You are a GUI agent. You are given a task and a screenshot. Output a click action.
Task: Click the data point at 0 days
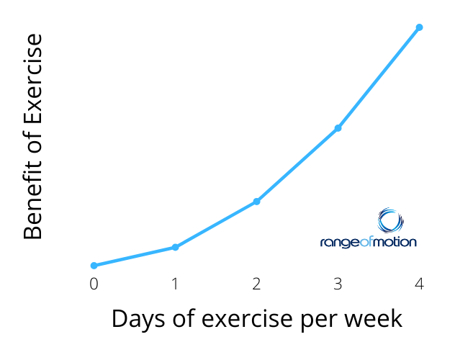point(94,266)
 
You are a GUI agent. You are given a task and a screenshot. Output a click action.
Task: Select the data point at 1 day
point(175,247)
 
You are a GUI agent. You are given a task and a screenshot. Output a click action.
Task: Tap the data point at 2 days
point(256,202)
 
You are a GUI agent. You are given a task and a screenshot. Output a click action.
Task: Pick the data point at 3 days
point(338,128)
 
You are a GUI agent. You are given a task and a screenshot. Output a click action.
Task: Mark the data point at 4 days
point(419,27)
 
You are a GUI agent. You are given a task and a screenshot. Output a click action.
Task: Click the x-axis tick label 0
point(94,284)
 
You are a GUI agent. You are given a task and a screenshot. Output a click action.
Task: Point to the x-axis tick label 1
point(175,284)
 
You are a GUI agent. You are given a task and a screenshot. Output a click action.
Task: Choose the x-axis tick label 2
point(256,284)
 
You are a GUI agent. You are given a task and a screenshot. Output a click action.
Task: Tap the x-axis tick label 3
point(338,284)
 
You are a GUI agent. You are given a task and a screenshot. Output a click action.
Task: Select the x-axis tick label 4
point(419,284)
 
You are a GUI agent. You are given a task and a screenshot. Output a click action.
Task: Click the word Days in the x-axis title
point(139,320)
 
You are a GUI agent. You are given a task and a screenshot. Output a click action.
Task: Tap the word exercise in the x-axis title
point(247,318)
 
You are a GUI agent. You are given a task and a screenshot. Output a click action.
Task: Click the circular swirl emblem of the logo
point(391,220)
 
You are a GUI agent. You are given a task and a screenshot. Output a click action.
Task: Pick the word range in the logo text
point(340,243)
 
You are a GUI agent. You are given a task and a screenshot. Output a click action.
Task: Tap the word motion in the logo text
point(395,242)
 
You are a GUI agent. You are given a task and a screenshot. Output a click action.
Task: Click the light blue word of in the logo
point(366,241)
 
